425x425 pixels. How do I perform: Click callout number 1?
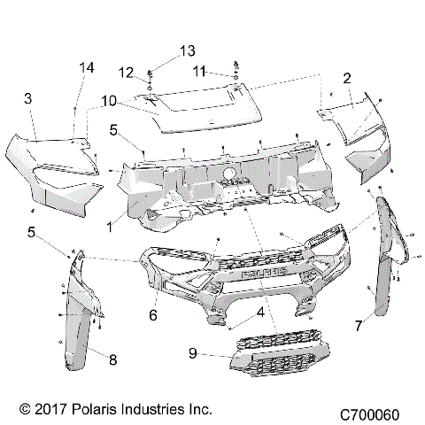click(110, 226)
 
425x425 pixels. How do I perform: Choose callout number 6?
click(153, 314)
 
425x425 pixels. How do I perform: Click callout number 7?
click(359, 326)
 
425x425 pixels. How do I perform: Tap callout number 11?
click(199, 70)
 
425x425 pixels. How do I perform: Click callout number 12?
click(125, 72)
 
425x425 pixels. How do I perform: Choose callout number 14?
click(86, 68)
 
